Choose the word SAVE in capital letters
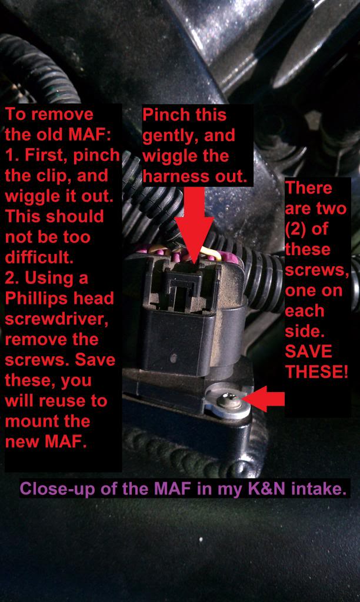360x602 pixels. tap(309, 352)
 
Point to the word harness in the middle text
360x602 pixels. tap(172, 176)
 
